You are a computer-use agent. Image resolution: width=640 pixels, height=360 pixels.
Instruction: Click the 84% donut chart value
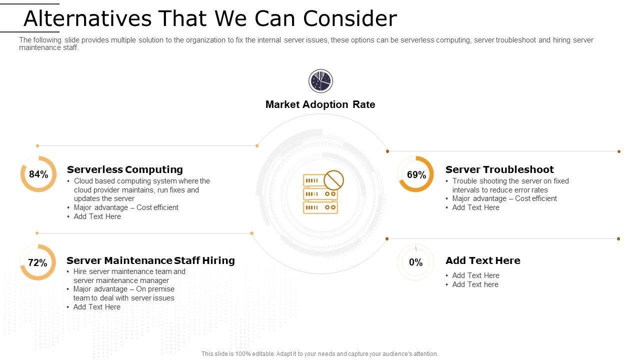point(38,174)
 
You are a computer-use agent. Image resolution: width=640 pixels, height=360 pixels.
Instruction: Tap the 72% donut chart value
point(37,263)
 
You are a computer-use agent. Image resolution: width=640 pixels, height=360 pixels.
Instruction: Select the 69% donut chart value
point(416,175)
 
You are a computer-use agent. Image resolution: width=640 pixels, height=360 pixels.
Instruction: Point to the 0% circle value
point(415,262)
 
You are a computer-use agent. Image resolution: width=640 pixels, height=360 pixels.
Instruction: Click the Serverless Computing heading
point(124,169)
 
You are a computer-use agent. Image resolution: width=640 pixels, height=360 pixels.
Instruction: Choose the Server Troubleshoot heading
point(499,169)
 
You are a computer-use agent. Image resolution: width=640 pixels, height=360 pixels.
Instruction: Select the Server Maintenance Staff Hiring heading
point(150,260)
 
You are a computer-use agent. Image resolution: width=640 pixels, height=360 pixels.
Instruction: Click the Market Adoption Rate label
point(320,104)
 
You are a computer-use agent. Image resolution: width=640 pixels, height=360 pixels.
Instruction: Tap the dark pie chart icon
point(320,81)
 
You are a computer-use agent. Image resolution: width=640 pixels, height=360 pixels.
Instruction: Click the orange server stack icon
point(320,194)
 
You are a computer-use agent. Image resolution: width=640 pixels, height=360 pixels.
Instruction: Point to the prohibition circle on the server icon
point(333,180)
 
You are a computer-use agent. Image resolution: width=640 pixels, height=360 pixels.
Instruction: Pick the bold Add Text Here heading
point(482,260)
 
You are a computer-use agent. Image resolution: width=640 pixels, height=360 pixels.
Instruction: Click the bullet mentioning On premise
point(123,293)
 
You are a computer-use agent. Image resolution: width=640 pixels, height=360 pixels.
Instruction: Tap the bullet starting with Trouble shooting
point(510,185)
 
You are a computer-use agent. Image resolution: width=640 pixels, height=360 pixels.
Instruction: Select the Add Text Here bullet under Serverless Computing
point(97,216)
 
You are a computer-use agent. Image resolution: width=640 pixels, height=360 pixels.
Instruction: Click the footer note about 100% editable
point(320,354)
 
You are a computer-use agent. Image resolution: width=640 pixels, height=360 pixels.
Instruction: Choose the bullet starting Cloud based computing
point(141,189)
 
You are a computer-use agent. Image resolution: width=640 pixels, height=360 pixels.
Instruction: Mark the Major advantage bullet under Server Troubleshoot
point(504,198)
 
